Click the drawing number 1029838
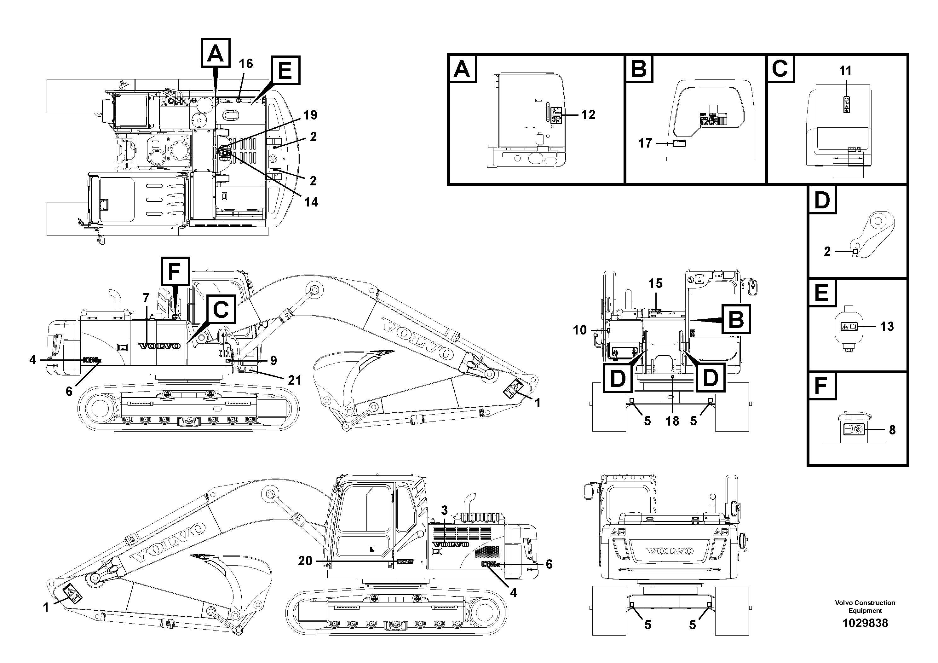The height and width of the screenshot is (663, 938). (x=865, y=623)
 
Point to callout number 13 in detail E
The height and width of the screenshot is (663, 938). (x=887, y=327)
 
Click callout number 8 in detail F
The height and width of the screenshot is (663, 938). (x=892, y=430)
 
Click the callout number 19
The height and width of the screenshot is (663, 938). (x=310, y=115)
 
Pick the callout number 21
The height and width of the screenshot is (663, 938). (x=294, y=380)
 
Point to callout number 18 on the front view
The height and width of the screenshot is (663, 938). (x=672, y=421)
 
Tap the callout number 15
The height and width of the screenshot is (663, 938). (x=655, y=283)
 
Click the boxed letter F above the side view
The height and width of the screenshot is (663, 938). (x=175, y=271)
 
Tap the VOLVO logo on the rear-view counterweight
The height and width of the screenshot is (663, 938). (x=669, y=551)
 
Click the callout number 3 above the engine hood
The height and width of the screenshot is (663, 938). (x=444, y=510)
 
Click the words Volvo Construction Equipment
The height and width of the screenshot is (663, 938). (x=865, y=607)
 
